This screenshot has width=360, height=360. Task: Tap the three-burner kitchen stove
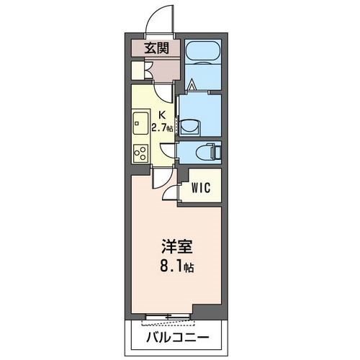point(140,153)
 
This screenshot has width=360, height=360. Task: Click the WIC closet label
point(200,189)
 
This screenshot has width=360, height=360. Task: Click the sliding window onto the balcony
point(170,316)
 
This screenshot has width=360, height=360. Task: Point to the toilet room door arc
point(167,153)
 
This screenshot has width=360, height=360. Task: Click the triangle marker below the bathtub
point(192,86)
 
